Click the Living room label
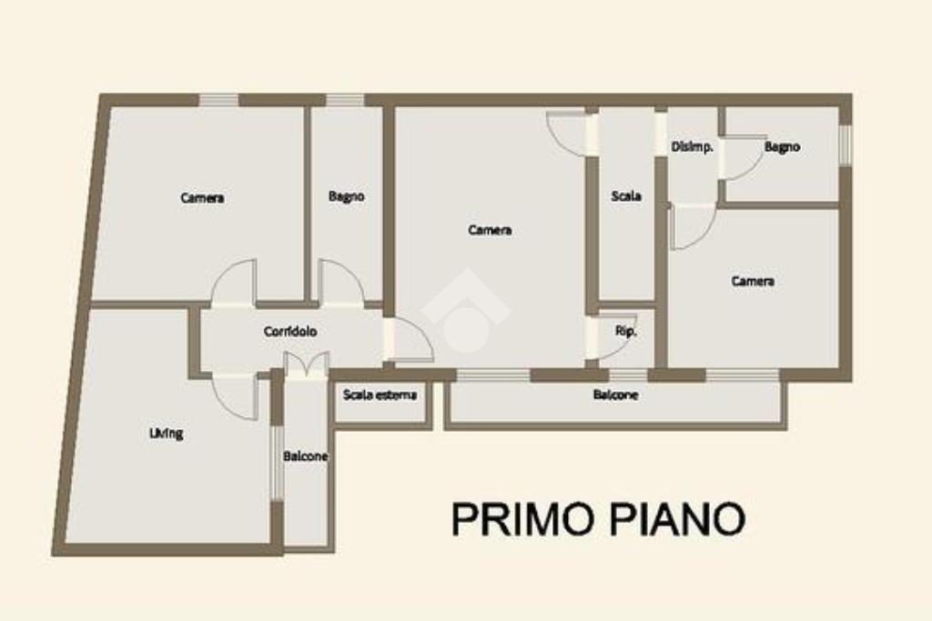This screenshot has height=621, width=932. tap(166, 434)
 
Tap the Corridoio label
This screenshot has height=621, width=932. tap(290, 331)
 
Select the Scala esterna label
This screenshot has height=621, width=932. tap(380, 395)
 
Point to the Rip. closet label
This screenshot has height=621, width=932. tap(626, 331)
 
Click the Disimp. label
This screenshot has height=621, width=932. tap(692, 146)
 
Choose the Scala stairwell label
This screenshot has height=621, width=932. tap(626, 195)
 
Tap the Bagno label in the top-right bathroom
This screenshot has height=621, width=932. tap(782, 146)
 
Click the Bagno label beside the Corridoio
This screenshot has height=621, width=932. tap(347, 195)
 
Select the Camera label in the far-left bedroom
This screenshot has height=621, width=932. tap(202, 197)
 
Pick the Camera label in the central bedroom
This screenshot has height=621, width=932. tap(490, 230)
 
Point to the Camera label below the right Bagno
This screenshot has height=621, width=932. tap(753, 281)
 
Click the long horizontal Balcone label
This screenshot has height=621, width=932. tap(616, 395)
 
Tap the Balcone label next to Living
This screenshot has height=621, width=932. tap(306, 456)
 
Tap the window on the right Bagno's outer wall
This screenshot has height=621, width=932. tap(846, 145)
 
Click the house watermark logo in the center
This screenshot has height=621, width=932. tap(466, 311)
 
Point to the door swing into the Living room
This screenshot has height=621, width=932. tap(236, 397)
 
